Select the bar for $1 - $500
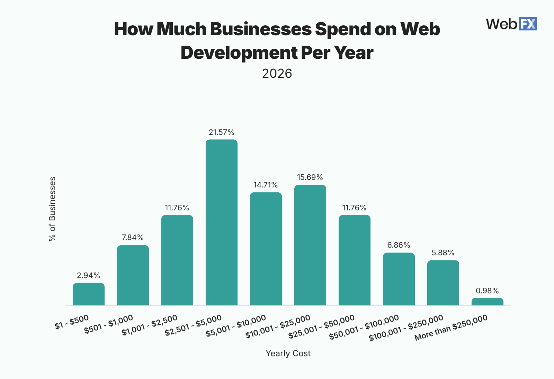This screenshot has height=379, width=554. (x=89, y=294)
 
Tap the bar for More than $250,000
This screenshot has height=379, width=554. (x=487, y=302)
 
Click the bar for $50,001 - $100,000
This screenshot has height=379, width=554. (x=399, y=279)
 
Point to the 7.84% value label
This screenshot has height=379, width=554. (x=133, y=238)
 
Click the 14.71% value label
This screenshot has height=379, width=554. (x=266, y=185)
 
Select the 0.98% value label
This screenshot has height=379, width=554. (x=487, y=291)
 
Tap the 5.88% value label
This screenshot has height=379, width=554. (x=443, y=253)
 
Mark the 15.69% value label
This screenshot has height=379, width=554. (x=310, y=177)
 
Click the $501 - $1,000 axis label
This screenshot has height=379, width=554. (x=109, y=324)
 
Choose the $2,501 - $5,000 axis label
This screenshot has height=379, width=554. (x=193, y=326)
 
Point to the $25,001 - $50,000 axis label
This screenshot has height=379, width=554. (x=322, y=327)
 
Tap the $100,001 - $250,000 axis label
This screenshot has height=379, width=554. (x=406, y=328)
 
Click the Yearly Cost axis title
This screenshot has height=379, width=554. (x=288, y=353)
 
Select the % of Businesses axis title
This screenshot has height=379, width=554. (x=52, y=209)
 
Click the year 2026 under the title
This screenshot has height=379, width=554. (x=277, y=74)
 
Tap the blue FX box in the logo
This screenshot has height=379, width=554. (x=527, y=24)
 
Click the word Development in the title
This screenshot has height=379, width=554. (x=239, y=53)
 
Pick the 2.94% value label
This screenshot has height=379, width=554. (x=88, y=276)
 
